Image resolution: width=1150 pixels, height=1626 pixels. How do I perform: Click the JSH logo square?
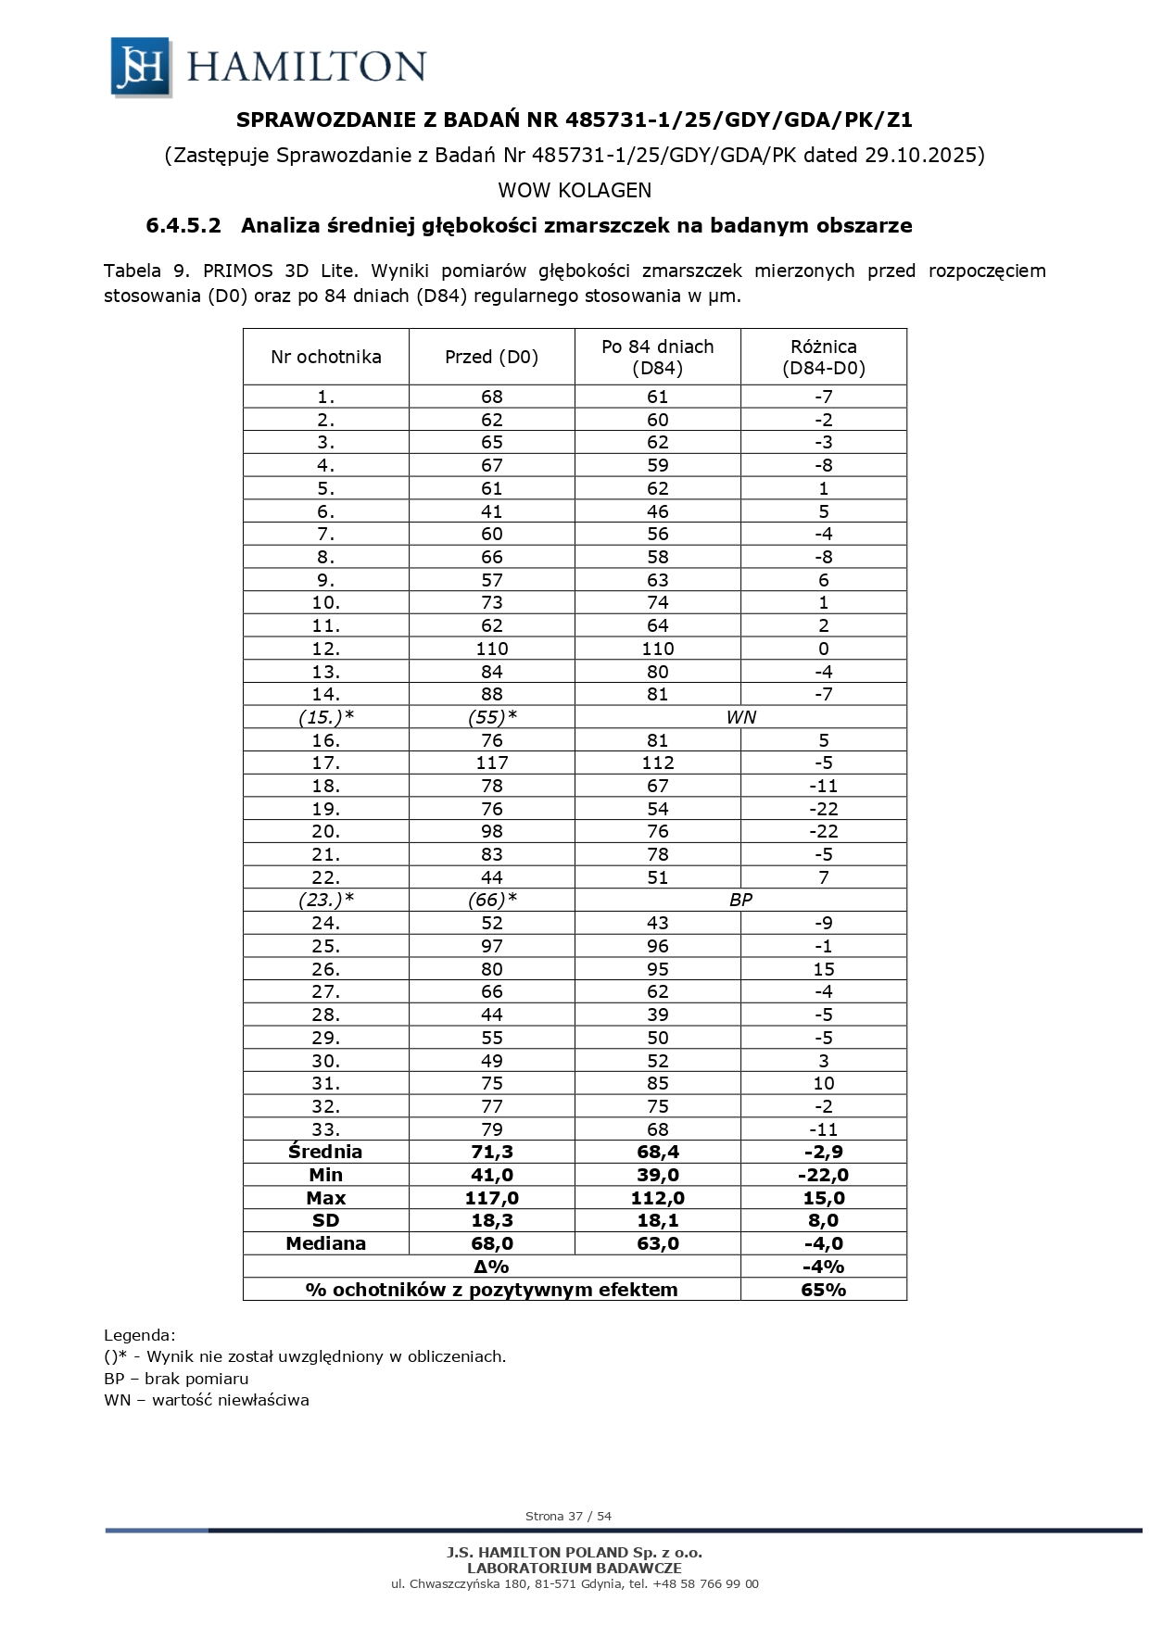coord(140,67)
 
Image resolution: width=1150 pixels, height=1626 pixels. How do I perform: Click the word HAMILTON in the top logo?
coord(307,67)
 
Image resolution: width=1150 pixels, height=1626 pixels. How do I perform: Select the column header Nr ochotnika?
coord(325,357)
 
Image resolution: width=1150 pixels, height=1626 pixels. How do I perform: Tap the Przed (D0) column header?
coord(491,357)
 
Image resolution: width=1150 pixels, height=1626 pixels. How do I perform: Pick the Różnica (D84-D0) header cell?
coord(823,357)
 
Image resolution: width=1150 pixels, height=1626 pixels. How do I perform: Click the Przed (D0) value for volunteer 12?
coord(491,649)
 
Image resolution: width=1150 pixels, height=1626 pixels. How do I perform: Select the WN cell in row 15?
coord(740,717)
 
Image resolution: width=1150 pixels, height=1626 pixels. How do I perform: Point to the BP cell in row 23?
coord(740,900)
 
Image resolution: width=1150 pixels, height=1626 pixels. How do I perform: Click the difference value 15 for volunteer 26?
coord(823,969)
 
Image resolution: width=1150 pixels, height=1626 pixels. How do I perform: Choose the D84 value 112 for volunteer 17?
coord(657,763)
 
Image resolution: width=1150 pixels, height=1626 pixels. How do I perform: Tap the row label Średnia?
coord(325,1152)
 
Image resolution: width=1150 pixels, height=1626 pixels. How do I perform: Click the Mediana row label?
coord(325,1243)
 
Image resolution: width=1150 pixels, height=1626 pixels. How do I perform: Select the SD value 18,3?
coord(491,1220)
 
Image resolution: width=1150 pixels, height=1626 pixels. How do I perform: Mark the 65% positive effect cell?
coord(823,1290)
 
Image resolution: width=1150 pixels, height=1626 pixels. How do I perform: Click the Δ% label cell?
coord(491,1267)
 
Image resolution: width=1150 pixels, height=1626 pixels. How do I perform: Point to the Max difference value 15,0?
coord(823,1198)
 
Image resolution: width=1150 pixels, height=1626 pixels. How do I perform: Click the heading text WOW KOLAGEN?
coord(575,191)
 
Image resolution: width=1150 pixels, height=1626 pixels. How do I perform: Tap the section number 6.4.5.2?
coord(183,225)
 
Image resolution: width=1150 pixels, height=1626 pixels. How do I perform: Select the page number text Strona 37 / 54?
coord(568,1517)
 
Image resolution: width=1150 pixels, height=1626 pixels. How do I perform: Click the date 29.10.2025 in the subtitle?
coord(923,155)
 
